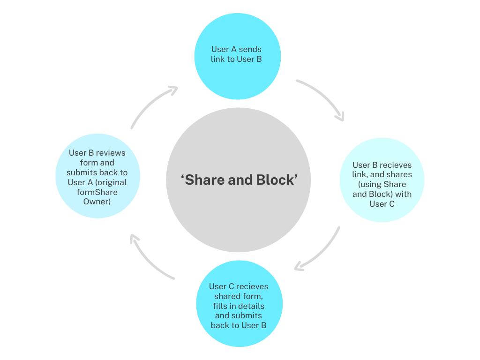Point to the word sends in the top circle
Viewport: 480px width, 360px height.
pos(250,49)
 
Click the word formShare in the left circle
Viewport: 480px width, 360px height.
pos(97,192)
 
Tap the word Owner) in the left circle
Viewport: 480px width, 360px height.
pos(97,202)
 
